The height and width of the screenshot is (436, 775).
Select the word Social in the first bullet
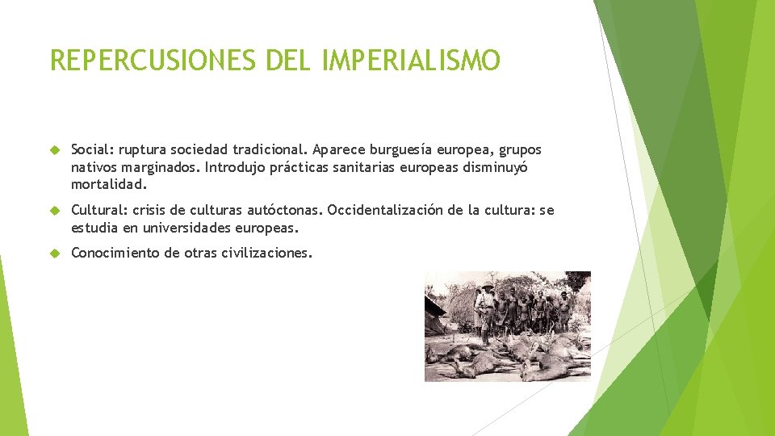click(92, 150)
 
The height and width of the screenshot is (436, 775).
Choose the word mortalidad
click(109, 185)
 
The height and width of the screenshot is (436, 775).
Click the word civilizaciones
click(266, 254)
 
